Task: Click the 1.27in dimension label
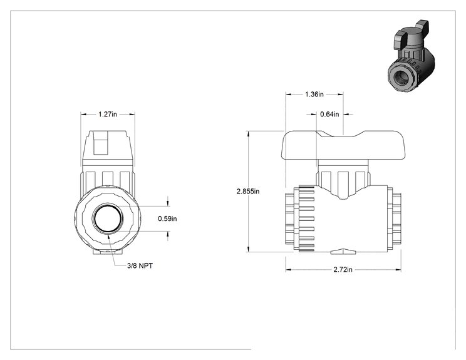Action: point(108,114)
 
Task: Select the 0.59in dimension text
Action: point(167,219)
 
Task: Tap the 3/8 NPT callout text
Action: point(140,266)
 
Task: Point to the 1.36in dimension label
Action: point(314,94)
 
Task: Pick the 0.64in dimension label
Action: point(329,114)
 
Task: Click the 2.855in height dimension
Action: point(248,192)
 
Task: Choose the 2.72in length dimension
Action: point(343,270)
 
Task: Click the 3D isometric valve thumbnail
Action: point(411,56)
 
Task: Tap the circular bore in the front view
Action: point(108,219)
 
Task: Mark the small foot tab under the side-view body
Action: point(343,252)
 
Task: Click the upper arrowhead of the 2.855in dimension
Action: point(248,133)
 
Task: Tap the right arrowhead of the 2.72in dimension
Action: point(398,270)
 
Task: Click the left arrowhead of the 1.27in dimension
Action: point(84,114)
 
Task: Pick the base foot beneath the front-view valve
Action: point(108,252)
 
